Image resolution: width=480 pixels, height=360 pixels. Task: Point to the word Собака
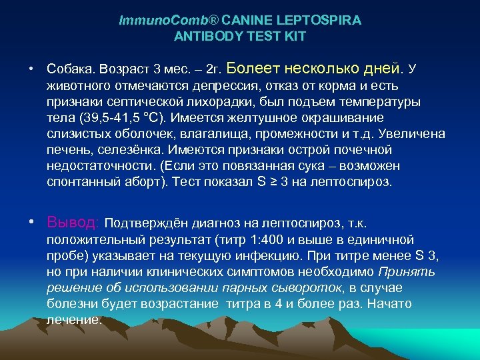(71, 69)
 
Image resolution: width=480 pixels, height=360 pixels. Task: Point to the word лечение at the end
(74, 319)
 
